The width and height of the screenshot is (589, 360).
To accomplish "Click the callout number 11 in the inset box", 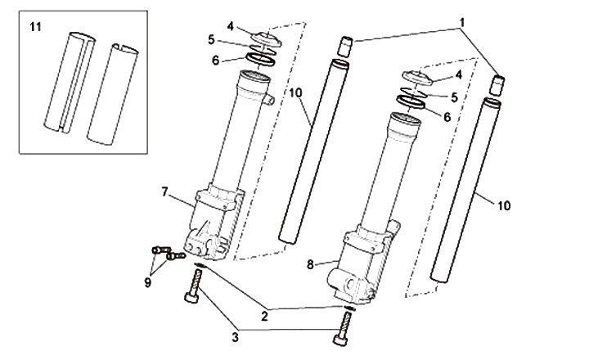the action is (x=36, y=27).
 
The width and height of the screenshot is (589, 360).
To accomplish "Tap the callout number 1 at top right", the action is (x=462, y=23).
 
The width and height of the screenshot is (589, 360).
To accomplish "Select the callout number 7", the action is (x=164, y=192).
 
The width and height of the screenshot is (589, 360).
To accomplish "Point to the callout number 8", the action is (x=310, y=264).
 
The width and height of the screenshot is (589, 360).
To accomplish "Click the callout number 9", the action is (x=147, y=281).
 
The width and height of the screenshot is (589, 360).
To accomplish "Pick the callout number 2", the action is (x=264, y=316).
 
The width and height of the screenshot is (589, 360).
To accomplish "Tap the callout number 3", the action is (x=235, y=337).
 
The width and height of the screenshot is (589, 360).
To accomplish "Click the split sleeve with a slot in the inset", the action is (x=70, y=83).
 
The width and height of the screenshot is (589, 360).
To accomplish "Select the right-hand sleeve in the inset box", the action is (x=113, y=94).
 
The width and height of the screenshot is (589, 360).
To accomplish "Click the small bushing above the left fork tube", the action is (x=346, y=47).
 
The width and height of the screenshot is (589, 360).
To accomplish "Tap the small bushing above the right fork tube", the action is (x=497, y=86).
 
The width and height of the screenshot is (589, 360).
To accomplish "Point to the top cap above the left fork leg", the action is (x=267, y=39).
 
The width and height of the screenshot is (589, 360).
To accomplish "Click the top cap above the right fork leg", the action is (x=418, y=78).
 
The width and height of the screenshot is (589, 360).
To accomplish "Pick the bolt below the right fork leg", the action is (x=343, y=328).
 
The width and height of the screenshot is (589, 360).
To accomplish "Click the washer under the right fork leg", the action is (x=349, y=308).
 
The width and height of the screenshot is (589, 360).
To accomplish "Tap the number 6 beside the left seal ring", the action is (x=215, y=61).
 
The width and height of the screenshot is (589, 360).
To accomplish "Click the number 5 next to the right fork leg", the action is (x=455, y=97).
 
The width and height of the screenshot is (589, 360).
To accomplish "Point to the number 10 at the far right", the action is (x=504, y=205).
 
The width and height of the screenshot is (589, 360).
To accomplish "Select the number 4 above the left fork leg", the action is (x=230, y=26).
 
